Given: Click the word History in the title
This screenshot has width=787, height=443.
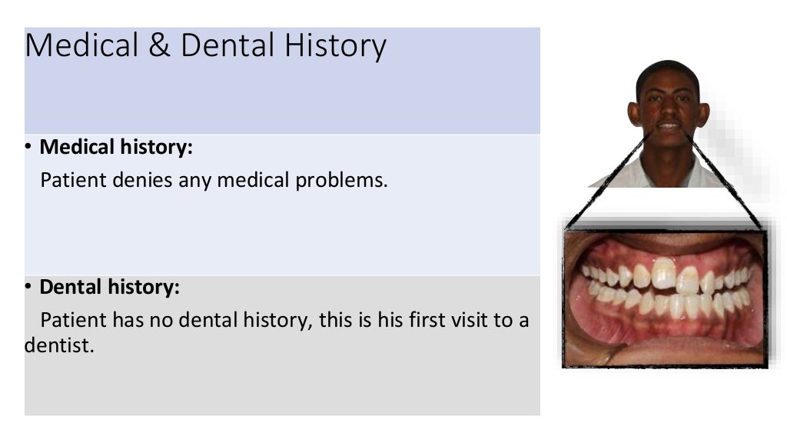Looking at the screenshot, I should pos(336,46).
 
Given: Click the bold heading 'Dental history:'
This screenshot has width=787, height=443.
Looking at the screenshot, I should pos(109,288).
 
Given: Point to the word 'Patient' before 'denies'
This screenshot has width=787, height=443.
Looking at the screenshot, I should pos(73,181).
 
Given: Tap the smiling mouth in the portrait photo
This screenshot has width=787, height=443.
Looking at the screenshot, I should pos(668,126).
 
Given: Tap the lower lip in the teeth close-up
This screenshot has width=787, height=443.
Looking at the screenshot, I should pos(661,352).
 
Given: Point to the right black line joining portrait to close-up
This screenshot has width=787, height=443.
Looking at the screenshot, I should pos(726,181).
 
